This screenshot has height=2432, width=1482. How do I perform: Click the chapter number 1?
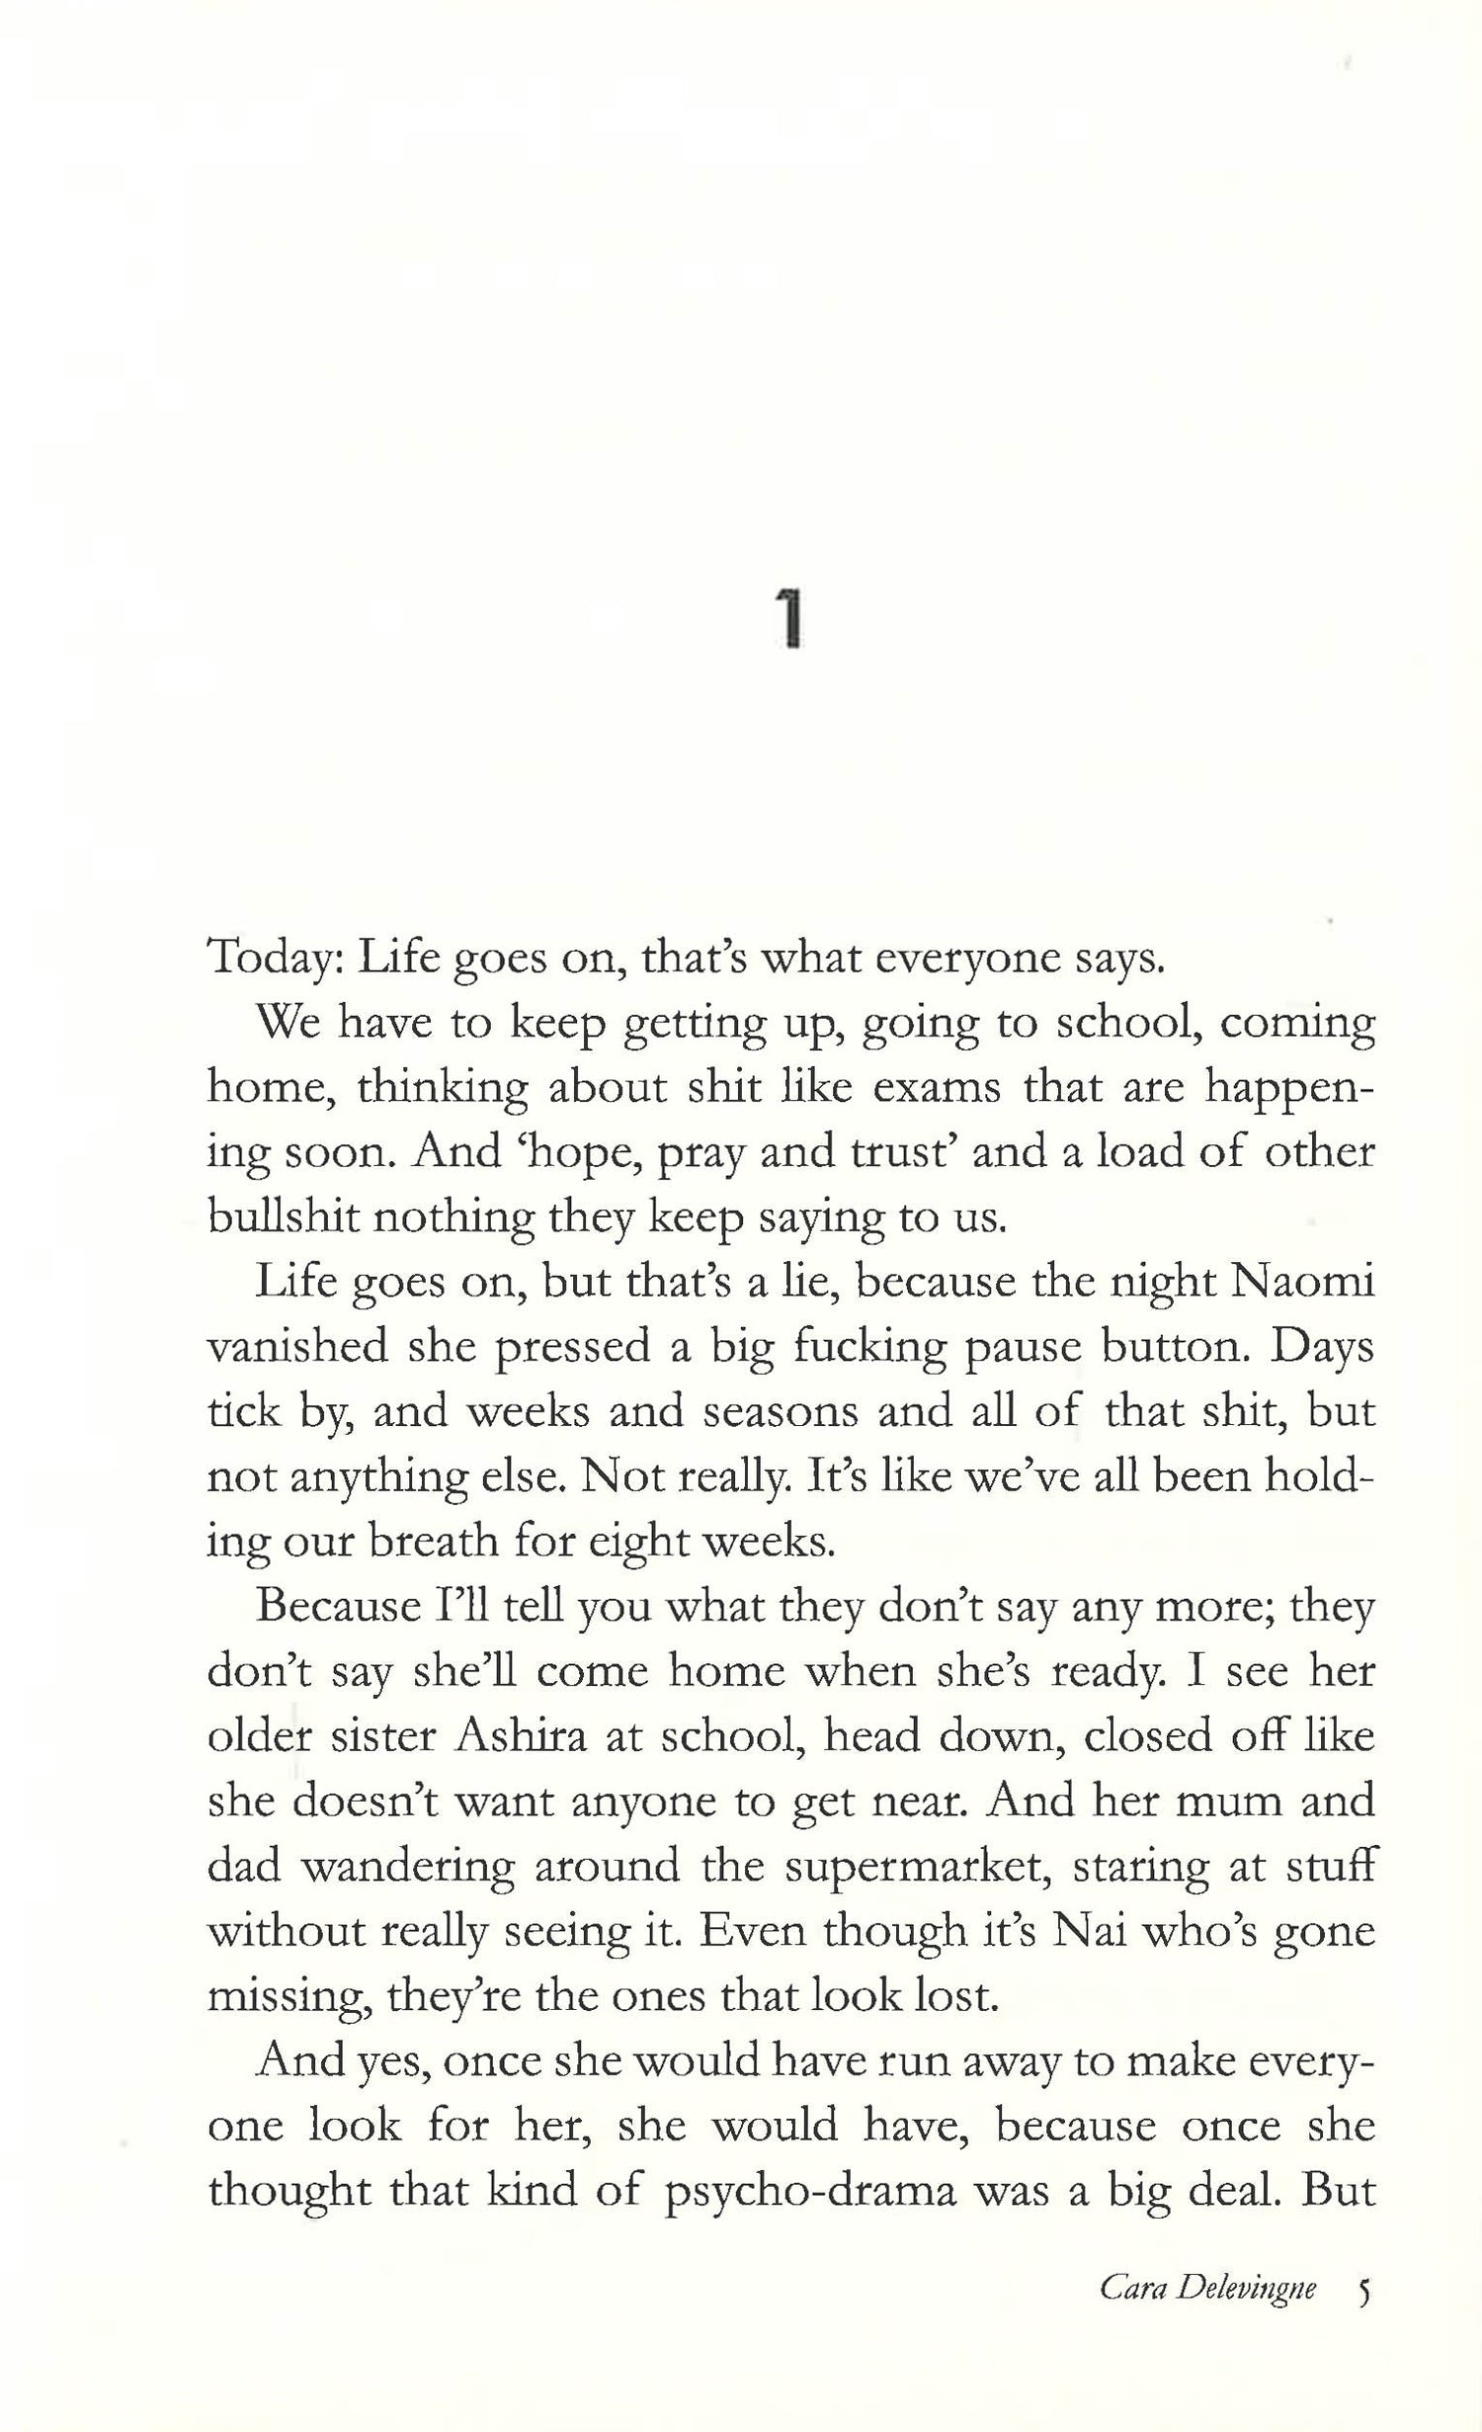pyautogui.click(x=788, y=617)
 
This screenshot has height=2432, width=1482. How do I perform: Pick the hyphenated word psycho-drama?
pyautogui.click(x=810, y=2191)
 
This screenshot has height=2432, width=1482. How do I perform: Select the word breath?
pyautogui.click(x=432, y=1543)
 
